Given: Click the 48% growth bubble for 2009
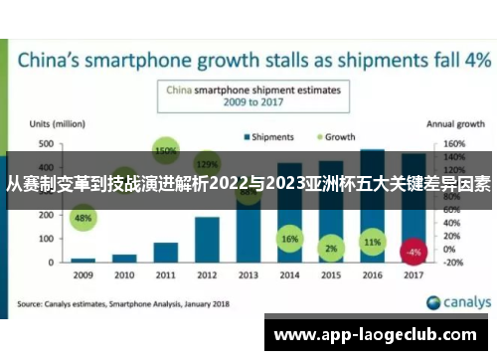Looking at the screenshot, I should (83, 218).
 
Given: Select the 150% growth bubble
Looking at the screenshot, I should (165, 151).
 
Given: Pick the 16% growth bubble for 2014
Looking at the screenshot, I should (289, 240).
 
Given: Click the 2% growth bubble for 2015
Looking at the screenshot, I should (331, 248).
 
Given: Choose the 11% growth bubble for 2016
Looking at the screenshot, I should (372, 242).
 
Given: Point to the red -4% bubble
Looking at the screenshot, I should (414, 251).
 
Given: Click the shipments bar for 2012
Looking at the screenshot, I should (207, 239).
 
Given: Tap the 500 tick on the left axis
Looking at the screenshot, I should (46, 144).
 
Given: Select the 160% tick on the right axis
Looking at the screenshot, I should (452, 144).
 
